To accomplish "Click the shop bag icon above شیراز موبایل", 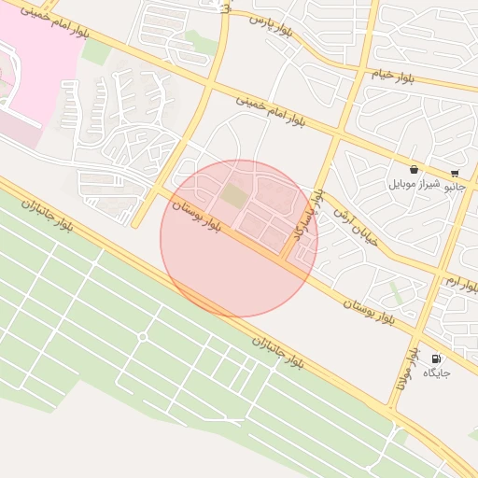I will tap(414, 170).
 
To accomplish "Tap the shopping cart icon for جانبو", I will tap(455, 173).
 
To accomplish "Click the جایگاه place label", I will tap(436, 373).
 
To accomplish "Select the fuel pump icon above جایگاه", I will tap(436, 358).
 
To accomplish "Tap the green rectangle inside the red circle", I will tap(233, 196).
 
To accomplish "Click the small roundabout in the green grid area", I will tap(143, 337).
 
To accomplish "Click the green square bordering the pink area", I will tap(95, 51).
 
